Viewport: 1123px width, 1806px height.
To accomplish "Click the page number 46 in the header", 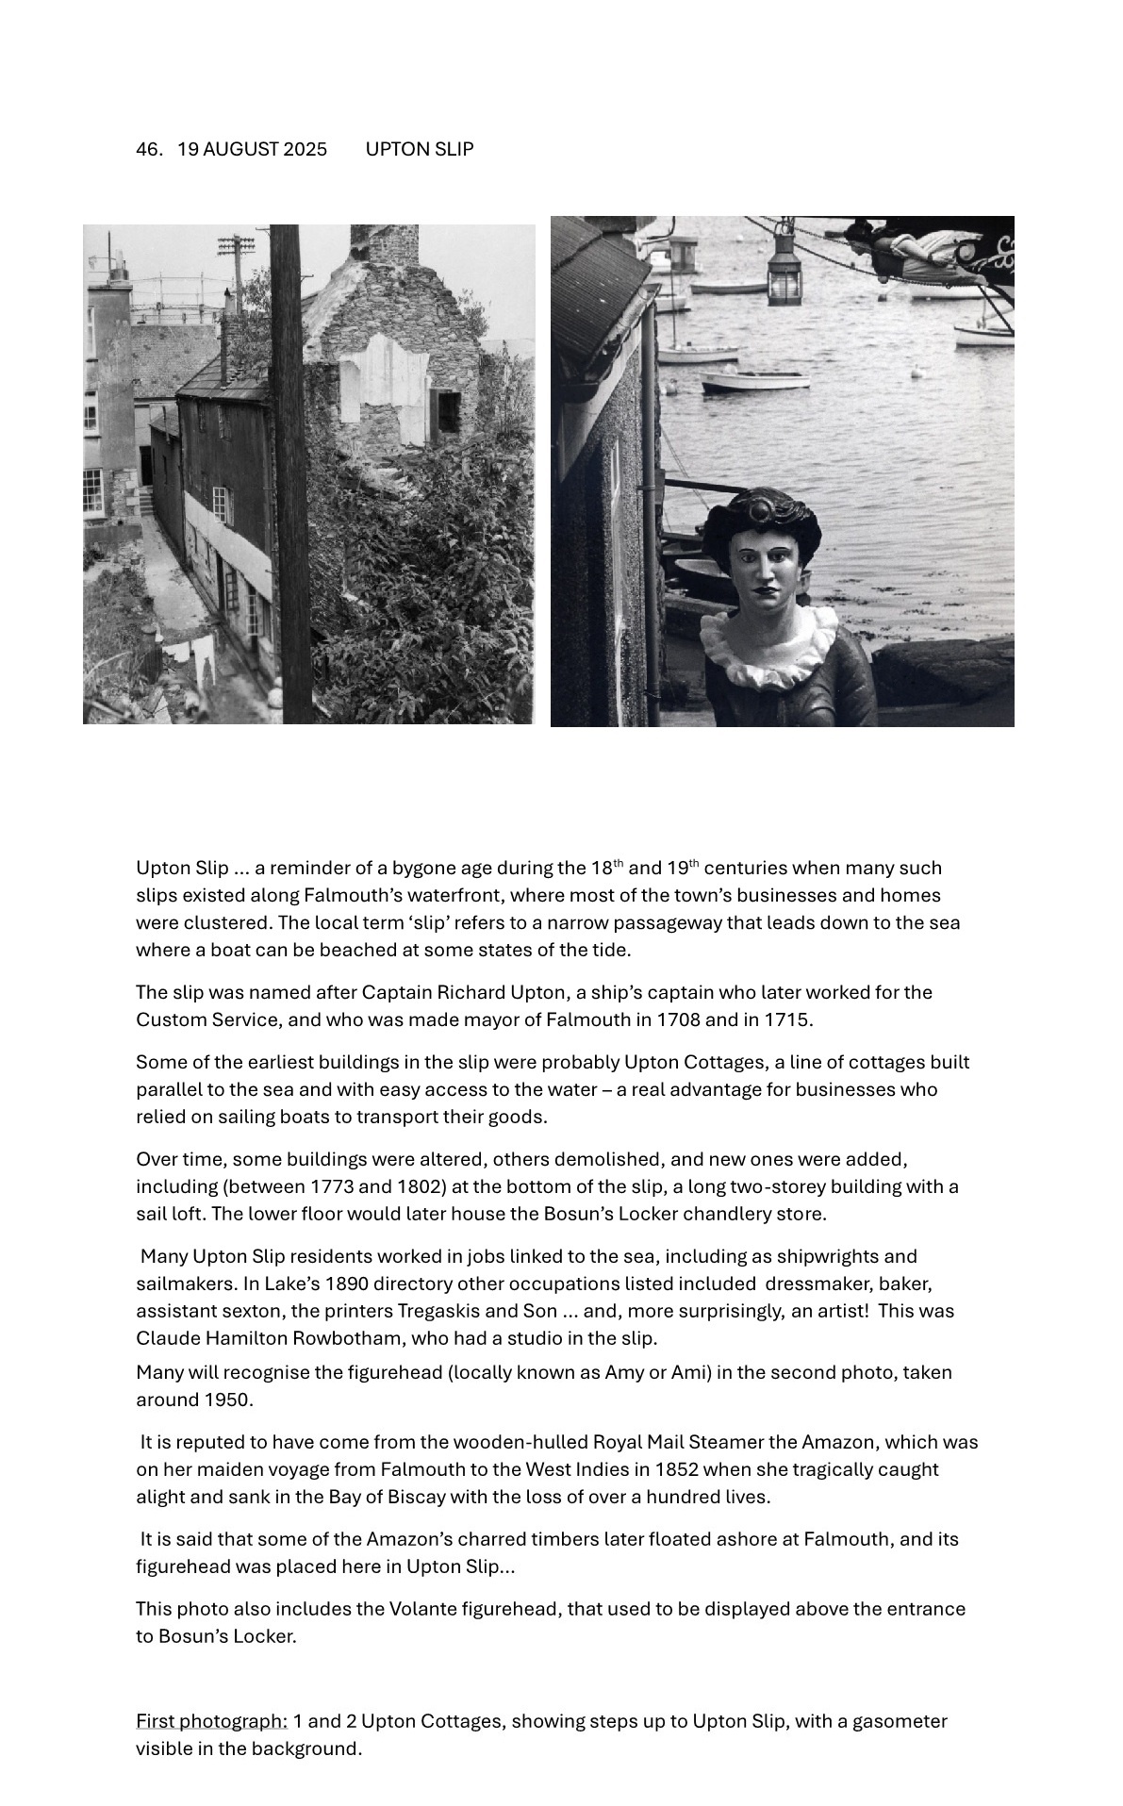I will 147,149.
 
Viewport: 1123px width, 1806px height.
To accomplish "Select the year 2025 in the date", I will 305,149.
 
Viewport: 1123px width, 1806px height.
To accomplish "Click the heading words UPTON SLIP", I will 419,149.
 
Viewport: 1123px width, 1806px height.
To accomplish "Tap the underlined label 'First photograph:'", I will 211,1721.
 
